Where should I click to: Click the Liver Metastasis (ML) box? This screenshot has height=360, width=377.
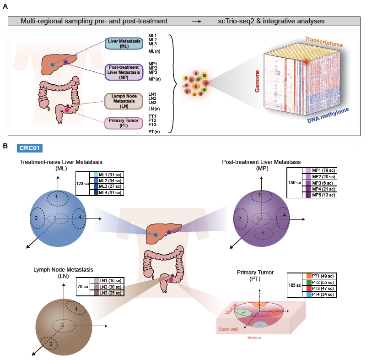click(124, 44)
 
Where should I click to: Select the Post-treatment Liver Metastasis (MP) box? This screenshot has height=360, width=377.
click(124, 72)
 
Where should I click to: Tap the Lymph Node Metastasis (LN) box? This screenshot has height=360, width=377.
click(124, 101)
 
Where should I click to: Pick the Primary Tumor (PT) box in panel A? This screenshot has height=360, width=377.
click(124, 123)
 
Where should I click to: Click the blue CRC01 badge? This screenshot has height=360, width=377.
click(30, 148)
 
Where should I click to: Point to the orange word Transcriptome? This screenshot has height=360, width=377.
click(324, 42)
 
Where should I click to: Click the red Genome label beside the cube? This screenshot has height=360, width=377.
click(257, 82)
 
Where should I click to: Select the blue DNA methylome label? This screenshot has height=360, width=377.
click(328, 115)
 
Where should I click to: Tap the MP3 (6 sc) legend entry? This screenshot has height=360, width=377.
click(319, 183)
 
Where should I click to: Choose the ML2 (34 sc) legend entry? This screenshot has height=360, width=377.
click(107, 181)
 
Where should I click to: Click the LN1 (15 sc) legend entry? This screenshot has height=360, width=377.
click(107, 281)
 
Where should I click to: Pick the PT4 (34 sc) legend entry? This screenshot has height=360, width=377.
click(319, 295)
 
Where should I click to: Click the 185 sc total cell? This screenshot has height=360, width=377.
click(295, 285)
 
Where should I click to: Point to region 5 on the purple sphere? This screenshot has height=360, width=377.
click(263, 233)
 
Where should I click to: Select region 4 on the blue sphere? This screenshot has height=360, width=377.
click(79, 218)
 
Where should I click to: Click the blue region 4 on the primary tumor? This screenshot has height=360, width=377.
click(260, 324)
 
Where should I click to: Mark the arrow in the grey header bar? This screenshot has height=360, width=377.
click(196, 22)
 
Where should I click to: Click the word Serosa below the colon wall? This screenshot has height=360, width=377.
click(254, 338)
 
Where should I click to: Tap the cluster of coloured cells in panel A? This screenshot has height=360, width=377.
click(196, 83)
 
